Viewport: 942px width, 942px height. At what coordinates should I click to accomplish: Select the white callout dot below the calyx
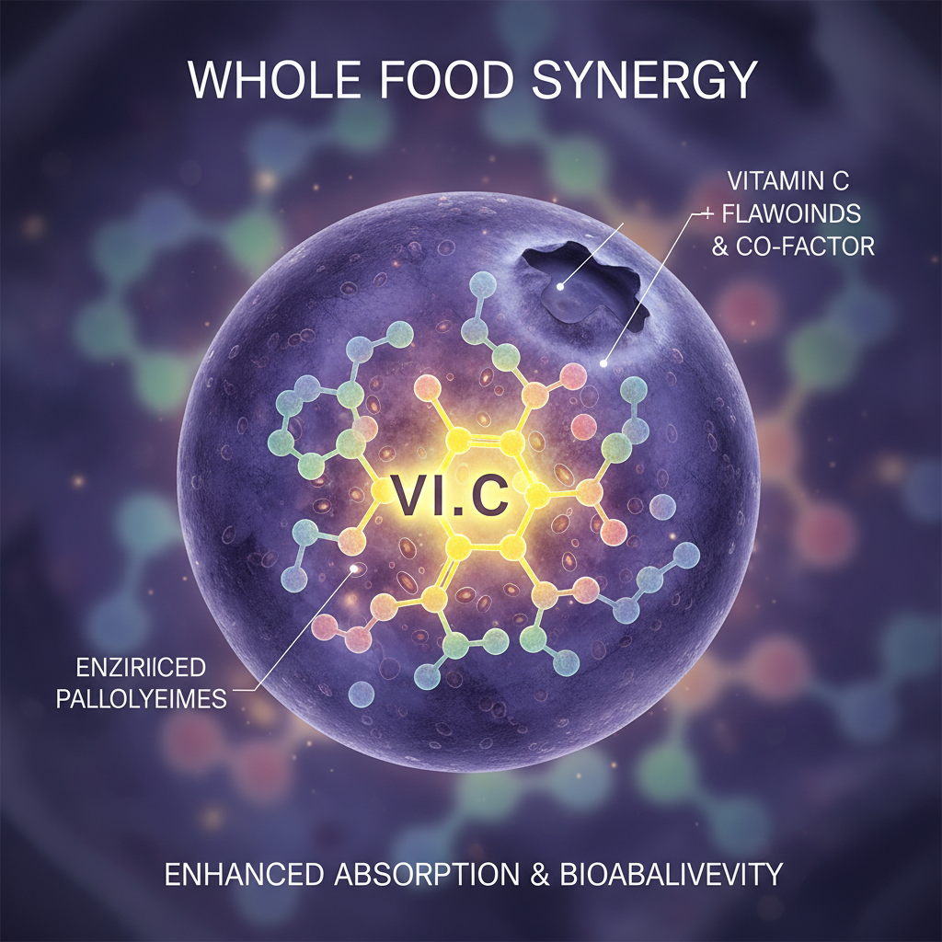pos(603,362)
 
